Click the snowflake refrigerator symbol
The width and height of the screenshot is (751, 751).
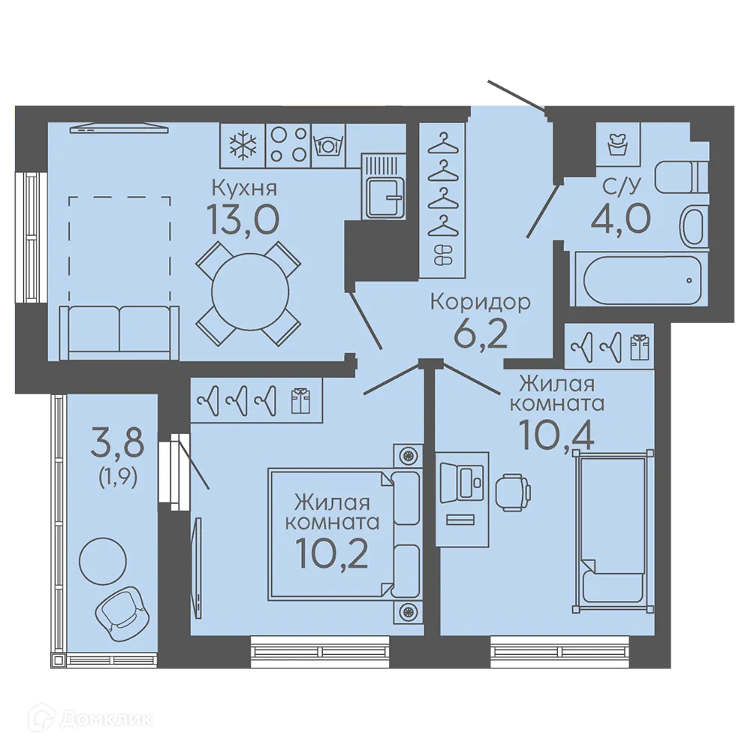click(243, 145)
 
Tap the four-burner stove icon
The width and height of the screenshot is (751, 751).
click(288, 145)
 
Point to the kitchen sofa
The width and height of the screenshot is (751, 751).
click(119, 333)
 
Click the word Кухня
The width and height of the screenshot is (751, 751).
click(244, 189)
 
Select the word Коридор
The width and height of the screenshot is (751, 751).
click(481, 303)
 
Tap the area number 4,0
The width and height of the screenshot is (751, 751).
click(621, 218)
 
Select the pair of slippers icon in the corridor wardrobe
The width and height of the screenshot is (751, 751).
click(442, 255)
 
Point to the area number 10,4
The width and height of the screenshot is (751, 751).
click(557, 435)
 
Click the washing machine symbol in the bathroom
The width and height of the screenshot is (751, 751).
click(617, 145)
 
